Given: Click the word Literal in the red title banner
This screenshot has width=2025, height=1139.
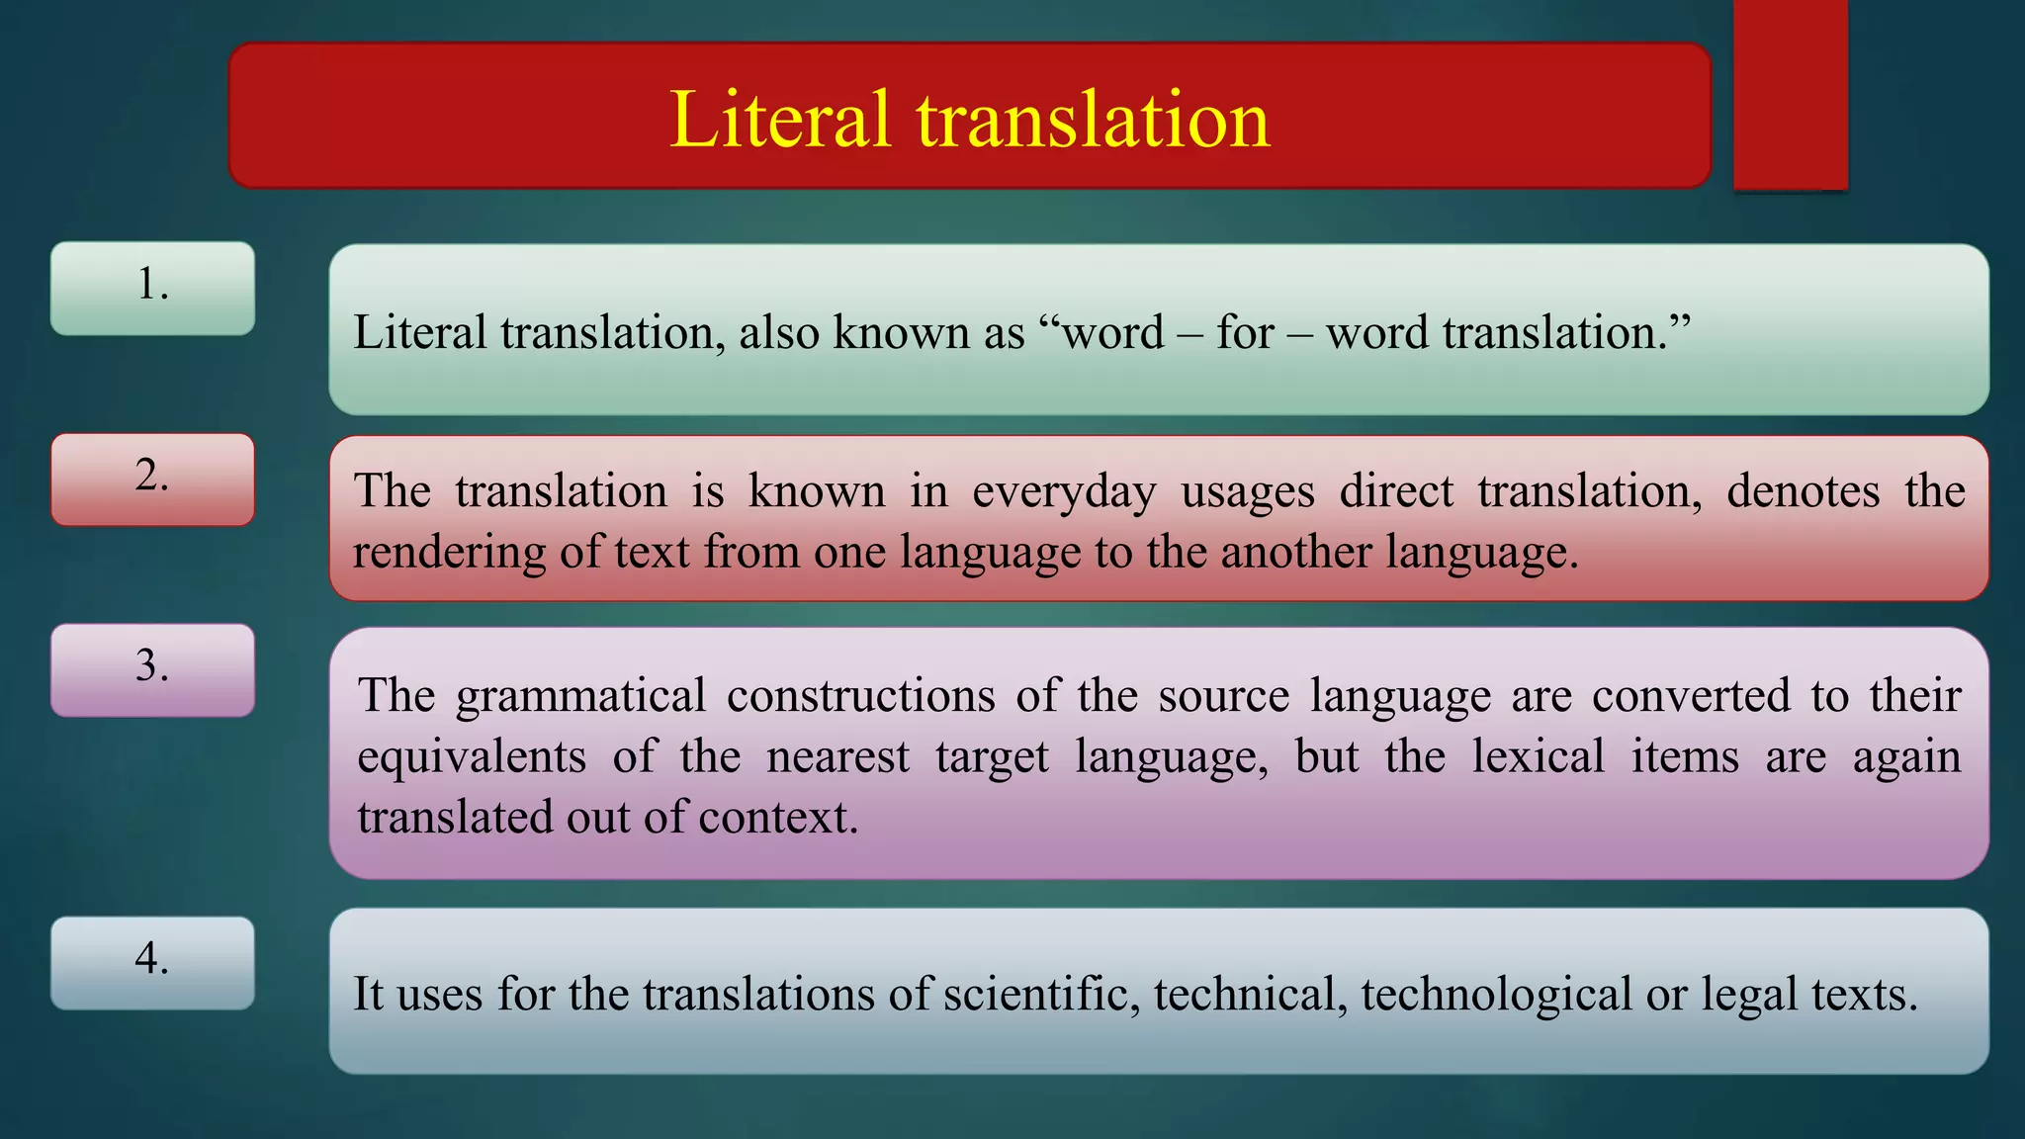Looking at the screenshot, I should click(779, 120).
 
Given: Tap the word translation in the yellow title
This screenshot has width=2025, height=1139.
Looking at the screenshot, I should click(1093, 120).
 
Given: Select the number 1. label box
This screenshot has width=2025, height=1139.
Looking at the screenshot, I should click(152, 288).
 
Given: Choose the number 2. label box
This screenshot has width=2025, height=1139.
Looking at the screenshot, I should click(152, 479).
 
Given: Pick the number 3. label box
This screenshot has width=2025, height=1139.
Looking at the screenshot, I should click(152, 669).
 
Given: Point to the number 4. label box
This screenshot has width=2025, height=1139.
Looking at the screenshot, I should click(152, 962).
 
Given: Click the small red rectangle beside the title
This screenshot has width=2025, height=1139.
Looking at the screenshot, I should click(1790, 94).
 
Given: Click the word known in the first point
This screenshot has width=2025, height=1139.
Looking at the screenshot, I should click(901, 333).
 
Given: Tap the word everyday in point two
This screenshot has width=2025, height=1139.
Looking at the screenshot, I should click(1064, 492).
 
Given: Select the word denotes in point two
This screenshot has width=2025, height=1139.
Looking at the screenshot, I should click(1803, 491).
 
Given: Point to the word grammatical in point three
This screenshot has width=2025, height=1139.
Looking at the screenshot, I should click(580, 696).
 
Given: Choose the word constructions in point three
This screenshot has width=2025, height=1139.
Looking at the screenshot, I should click(860, 696).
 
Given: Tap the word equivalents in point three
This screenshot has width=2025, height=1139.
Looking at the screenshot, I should click(472, 757).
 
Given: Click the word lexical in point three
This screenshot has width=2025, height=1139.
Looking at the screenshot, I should click(1538, 757).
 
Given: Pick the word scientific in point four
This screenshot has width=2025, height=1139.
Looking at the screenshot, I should click(1041, 994).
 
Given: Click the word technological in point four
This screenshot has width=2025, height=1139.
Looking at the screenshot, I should click(1496, 994).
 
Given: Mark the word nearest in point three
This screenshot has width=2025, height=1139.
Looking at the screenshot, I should click(837, 757).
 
